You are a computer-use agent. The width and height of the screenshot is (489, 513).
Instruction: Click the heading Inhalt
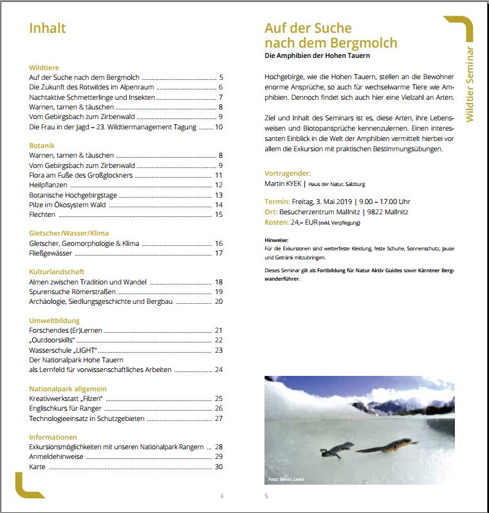point(48,28)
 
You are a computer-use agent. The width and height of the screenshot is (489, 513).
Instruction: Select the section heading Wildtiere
point(44,67)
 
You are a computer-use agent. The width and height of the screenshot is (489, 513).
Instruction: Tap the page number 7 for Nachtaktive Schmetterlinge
point(220,97)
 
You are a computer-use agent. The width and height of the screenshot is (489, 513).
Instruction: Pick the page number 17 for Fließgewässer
point(218,253)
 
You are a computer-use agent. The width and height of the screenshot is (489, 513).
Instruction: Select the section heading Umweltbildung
point(54,321)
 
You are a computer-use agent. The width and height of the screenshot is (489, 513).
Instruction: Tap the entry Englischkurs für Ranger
point(71,408)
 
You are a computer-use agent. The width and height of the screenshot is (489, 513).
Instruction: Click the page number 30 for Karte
point(218,467)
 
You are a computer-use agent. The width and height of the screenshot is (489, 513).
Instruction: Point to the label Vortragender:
point(288,173)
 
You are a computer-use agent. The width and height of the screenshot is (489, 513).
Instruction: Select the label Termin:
point(277,201)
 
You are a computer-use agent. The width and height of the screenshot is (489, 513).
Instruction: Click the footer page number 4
point(221,496)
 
